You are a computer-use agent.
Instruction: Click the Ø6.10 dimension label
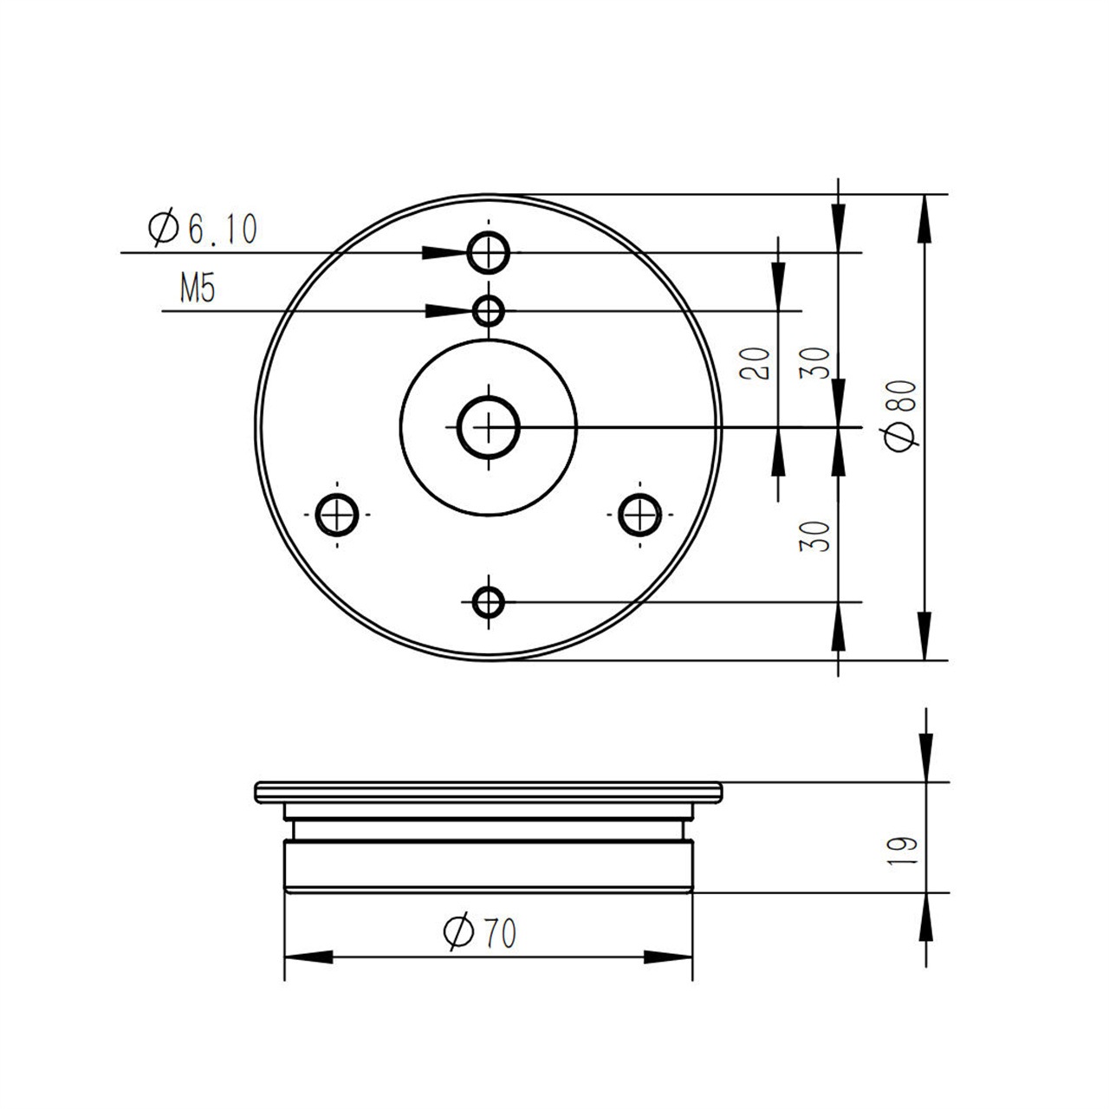[203, 229]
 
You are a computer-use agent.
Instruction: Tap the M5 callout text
[197, 289]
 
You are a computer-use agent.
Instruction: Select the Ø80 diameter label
[901, 414]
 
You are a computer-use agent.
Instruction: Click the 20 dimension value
[757, 363]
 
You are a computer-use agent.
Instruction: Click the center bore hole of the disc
[489, 427]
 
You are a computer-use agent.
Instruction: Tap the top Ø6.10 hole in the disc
[489, 253]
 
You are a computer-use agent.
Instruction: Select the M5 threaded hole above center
[489, 310]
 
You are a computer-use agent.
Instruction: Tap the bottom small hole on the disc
[489, 600]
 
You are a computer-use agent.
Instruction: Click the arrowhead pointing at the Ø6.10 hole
[445, 252]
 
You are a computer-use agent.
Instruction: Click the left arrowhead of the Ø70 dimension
[308, 957]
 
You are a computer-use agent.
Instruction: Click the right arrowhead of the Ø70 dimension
[669, 957]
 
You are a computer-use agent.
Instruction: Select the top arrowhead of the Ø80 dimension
[926, 217]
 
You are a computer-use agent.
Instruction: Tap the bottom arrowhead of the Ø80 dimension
[926, 637]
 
